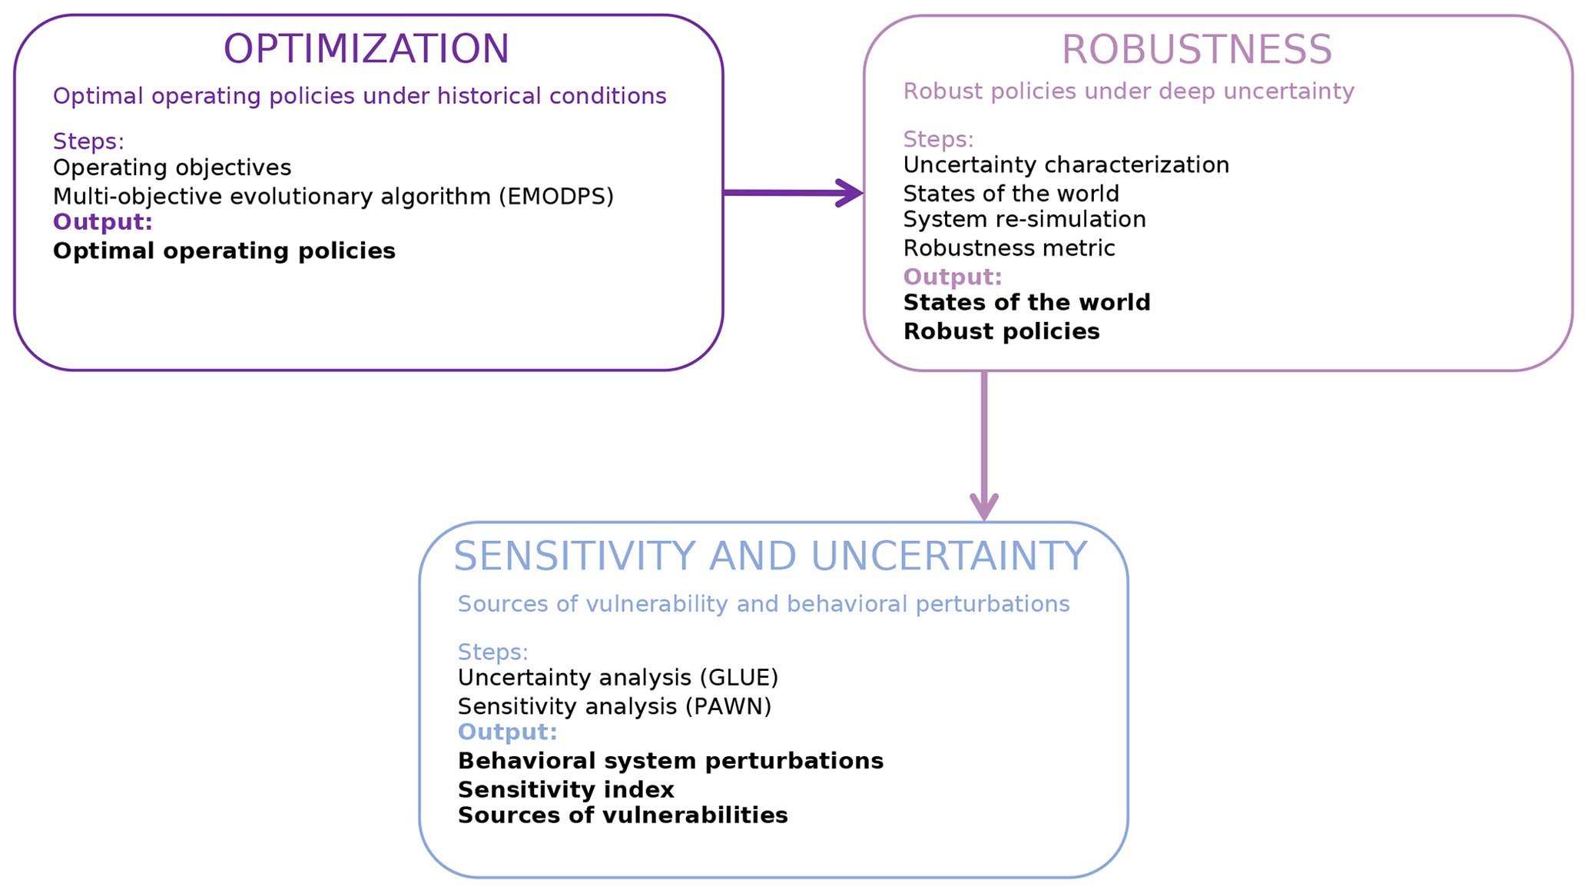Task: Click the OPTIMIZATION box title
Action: (366, 49)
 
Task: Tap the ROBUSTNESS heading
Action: (1196, 51)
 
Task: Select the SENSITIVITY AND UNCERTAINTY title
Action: (770, 556)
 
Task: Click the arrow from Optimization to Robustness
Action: (791, 193)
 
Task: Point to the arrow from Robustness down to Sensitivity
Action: (984, 446)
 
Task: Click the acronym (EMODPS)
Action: (556, 197)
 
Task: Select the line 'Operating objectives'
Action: (172, 168)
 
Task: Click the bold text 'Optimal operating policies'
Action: (224, 251)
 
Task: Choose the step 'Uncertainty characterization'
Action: (1066, 165)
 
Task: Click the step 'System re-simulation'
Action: (1024, 220)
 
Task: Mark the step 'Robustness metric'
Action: (1009, 248)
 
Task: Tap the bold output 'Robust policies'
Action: (1001, 332)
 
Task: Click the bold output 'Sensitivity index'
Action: (565, 790)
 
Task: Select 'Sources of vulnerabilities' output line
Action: (622, 815)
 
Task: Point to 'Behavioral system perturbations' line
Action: (670, 761)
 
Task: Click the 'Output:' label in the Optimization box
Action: (103, 222)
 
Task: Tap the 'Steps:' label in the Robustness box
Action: (938, 139)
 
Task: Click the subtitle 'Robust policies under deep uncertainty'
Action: (1128, 91)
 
